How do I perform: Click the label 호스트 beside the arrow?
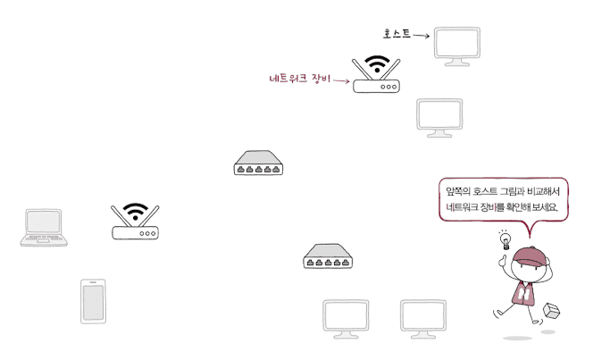(397, 34)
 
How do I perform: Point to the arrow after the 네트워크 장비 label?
(341, 81)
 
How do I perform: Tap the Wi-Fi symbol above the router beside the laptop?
(135, 213)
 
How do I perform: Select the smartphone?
(93, 300)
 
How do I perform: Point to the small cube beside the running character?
(552, 310)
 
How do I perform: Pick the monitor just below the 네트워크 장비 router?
(438, 116)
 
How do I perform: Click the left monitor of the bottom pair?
(346, 318)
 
